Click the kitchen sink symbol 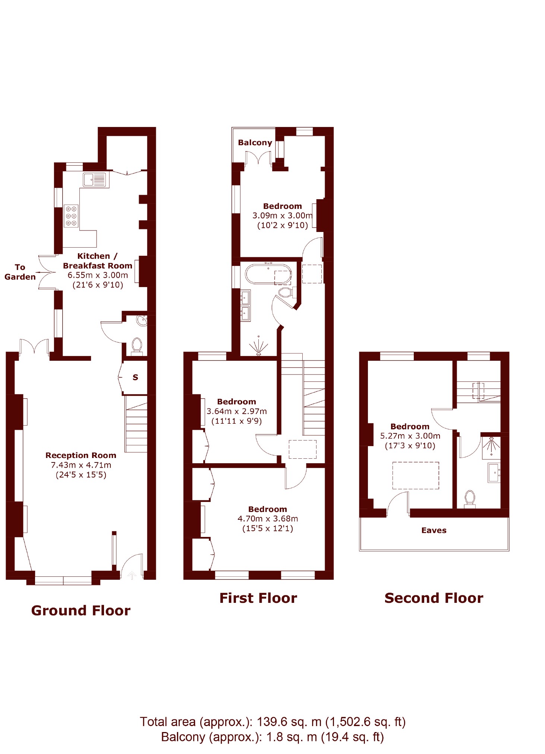click(x=94, y=180)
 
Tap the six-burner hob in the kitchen click(x=71, y=216)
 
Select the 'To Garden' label click(x=20, y=272)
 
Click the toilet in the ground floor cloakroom click(x=137, y=346)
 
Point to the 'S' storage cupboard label click(x=135, y=378)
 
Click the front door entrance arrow click(x=132, y=575)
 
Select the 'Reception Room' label click(x=81, y=455)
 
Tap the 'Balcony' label click(x=255, y=143)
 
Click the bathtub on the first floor click(x=268, y=275)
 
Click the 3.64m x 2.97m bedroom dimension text click(x=237, y=411)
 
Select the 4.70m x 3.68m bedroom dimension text click(x=268, y=519)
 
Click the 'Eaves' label click(x=434, y=530)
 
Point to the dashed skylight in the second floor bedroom click(x=416, y=475)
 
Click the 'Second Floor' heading click(x=434, y=598)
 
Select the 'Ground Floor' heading click(x=81, y=611)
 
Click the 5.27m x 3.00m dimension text click(x=410, y=436)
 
